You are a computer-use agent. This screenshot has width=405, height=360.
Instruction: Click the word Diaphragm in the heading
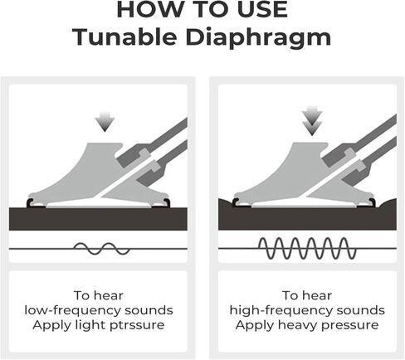coord(258,38)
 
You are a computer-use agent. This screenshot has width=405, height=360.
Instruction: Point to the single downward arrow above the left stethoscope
coord(105,122)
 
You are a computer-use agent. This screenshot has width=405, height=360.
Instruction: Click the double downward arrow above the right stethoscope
coord(312,120)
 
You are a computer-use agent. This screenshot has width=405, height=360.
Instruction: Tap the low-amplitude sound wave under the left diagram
coord(102,249)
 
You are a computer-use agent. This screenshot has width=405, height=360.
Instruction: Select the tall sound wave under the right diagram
coord(307,248)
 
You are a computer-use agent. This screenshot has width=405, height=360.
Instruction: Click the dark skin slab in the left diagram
coord(98,219)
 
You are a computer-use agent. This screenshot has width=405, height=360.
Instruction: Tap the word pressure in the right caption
coord(350,325)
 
